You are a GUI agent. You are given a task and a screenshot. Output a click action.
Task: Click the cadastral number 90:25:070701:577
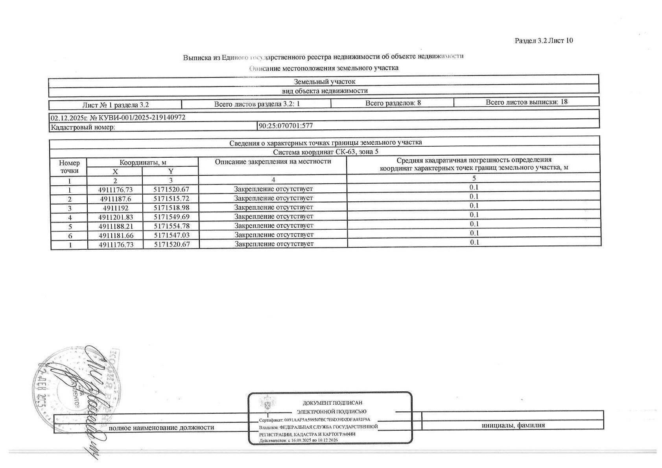click(x=286, y=126)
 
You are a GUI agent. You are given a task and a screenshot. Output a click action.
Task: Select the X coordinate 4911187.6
click(x=115, y=199)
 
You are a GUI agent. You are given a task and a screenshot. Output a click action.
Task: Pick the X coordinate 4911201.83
click(x=115, y=217)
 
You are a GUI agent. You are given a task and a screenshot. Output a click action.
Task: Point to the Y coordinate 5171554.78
click(x=171, y=226)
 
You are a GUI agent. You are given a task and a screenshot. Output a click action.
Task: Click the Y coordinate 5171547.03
click(x=171, y=235)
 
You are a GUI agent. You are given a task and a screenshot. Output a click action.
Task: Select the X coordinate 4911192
click(x=115, y=208)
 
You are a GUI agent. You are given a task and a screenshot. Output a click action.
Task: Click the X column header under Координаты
click(x=115, y=171)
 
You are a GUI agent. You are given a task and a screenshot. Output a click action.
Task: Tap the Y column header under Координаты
click(x=171, y=171)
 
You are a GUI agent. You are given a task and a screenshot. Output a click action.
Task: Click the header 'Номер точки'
click(x=69, y=167)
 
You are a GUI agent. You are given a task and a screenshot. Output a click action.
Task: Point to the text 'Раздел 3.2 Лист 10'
click(x=544, y=41)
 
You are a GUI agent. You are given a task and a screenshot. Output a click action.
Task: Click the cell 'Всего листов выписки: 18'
click(x=526, y=102)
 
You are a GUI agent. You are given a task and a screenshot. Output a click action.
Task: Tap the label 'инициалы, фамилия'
click(x=513, y=425)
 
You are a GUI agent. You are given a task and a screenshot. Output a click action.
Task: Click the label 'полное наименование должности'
click(x=161, y=427)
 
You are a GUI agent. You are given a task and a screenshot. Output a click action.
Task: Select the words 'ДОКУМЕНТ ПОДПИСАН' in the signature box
click(x=332, y=403)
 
